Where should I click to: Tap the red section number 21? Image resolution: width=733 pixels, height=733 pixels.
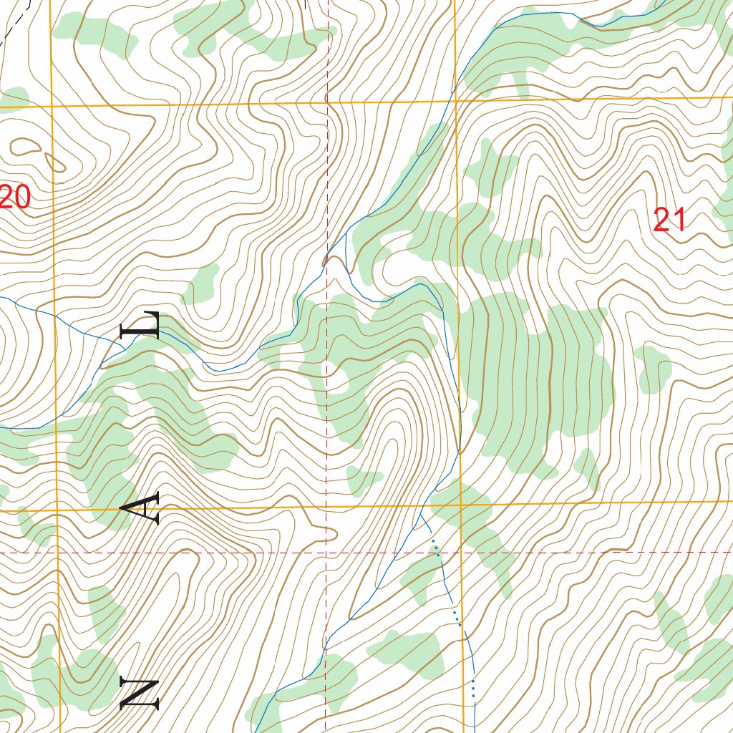click(x=670, y=220)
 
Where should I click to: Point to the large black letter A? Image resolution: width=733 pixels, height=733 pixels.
click(x=140, y=509)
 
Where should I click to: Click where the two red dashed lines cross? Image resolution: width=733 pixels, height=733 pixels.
click(x=326, y=553)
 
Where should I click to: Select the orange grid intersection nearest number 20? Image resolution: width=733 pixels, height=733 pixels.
click(x=53, y=106)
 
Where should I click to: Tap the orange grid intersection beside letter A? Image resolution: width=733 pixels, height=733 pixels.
click(x=57, y=511)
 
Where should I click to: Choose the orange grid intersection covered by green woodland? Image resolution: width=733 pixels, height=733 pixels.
click(x=461, y=505)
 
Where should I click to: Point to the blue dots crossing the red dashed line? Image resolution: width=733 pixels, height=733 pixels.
click(x=436, y=550)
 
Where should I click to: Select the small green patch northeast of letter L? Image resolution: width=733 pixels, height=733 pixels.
click(x=202, y=283)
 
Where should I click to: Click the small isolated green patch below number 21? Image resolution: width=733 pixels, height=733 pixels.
click(x=654, y=369)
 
